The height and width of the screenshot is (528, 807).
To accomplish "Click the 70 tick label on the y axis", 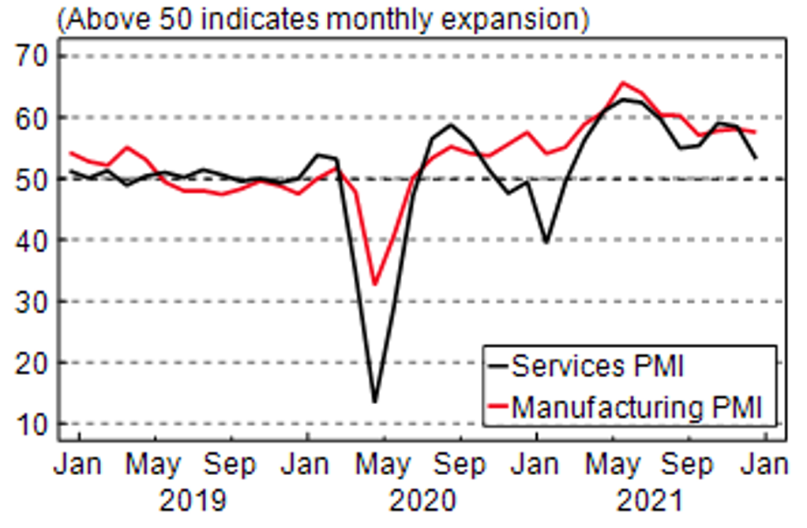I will tap(32, 56).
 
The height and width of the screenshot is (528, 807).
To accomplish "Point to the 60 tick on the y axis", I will tap(32, 118).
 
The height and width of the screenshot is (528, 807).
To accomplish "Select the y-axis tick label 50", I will tap(32, 179).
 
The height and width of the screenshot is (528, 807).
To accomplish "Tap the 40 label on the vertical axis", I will tap(32, 240).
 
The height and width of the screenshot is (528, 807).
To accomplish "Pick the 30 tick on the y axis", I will tap(32, 301).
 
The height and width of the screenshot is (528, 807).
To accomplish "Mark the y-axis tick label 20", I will tap(32, 363).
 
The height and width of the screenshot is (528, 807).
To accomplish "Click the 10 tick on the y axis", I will tap(32, 425).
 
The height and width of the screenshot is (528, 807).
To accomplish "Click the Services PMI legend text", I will tap(598, 366).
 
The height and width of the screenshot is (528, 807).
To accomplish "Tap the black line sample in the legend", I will tap(497, 367).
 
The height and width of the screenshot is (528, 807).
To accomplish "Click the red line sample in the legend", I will tap(497, 408).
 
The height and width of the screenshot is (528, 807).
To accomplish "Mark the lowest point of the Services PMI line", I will tap(374, 402).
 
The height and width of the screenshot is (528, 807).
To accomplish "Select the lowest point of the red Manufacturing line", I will tap(374, 284).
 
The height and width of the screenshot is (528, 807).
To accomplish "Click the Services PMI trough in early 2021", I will tap(546, 242).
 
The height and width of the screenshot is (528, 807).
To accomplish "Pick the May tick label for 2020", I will tap(383, 464).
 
